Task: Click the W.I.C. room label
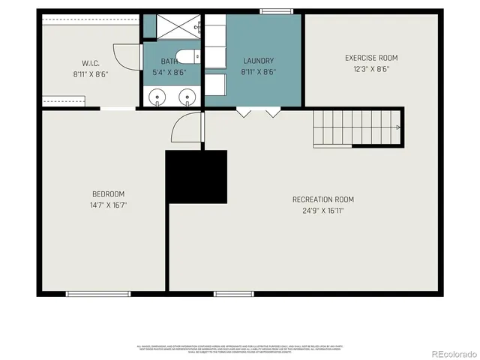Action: tap(90, 63)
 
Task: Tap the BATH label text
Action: tap(169, 62)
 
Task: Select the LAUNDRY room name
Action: tap(259, 61)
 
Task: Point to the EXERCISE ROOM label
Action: tap(371, 58)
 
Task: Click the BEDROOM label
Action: tap(109, 193)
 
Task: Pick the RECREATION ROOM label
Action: tap(323, 199)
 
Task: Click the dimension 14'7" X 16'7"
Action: tap(109, 205)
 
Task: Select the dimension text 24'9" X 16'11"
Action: tap(323, 211)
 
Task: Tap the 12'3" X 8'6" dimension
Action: tap(371, 69)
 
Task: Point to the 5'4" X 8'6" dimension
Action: tap(169, 73)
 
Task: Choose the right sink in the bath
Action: tap(186, 96)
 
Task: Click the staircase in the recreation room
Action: tap(358, 127)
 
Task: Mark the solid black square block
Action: tap(196, 176)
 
